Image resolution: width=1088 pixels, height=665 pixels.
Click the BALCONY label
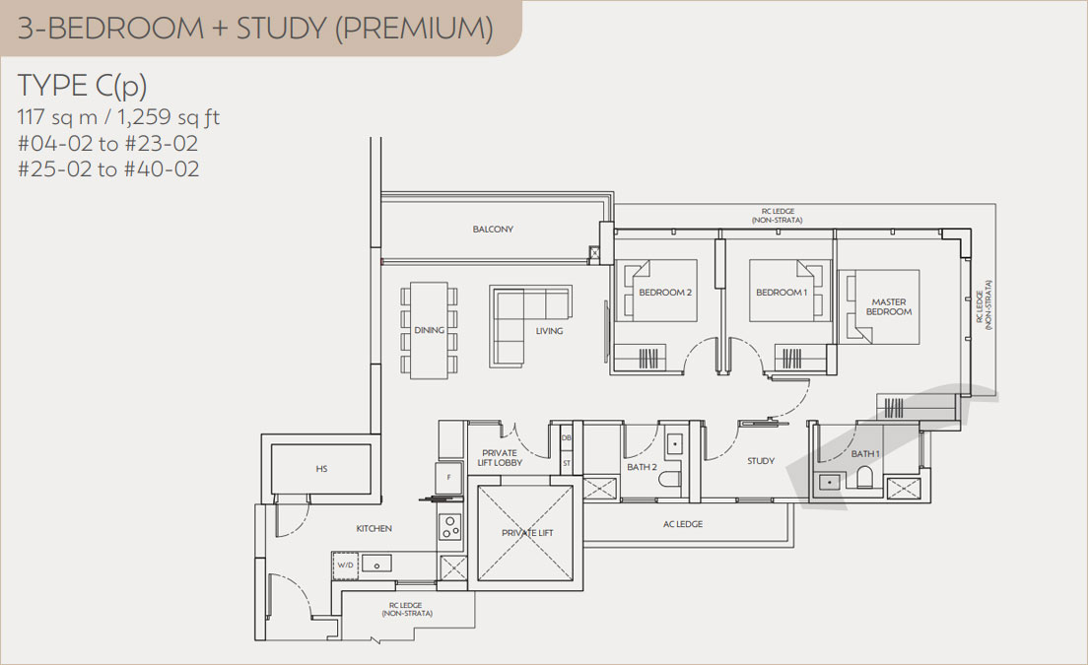click(493, 229)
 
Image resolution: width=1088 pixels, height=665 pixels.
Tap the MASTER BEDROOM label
click(889, 306)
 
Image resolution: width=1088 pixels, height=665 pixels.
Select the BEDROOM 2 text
click(665, 292)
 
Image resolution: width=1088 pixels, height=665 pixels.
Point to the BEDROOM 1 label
click(782, 292)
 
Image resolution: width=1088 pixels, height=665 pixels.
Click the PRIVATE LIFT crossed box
click(526, 533)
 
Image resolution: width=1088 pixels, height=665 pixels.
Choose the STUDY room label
click(761, 460)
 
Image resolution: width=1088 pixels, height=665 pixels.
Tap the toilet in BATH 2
click(670, 481)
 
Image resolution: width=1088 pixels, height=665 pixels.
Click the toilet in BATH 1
click(864, 477)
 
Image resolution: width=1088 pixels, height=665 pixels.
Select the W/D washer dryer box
click(346, 565)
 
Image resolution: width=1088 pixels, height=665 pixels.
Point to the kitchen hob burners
click(450, 527)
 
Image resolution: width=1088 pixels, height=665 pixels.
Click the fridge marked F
click(448, 477)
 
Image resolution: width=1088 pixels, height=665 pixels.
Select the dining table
click(429, 330)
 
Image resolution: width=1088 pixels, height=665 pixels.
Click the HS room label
click(321, 469)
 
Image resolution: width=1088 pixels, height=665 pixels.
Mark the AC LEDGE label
click(683, 524)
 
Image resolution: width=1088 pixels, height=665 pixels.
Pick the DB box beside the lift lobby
click(567, 437)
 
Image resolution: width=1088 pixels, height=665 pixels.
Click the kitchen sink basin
click(376, 564)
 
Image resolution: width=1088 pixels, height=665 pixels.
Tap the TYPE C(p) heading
click(83, 86)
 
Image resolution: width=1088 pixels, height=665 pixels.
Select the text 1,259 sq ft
click(169, 117)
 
